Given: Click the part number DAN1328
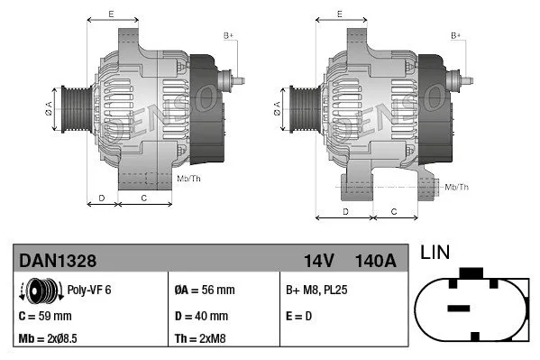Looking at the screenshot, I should pos(58,261).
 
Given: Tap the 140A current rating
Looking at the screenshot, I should pos(376,261).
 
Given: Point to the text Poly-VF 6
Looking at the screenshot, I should pos(88,291).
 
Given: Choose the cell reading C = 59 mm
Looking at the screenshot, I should pos(45,316).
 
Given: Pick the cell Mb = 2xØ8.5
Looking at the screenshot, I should pos(53,340).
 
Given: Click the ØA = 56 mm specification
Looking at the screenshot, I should pos(204,291).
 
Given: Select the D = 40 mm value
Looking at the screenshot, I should pos(202,316).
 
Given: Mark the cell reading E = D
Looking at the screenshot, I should pos(299,316).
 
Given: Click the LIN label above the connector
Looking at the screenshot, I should pos(435,254).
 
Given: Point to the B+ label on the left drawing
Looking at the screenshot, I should pos(228,35).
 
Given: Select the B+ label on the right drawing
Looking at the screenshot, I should pos(456,35).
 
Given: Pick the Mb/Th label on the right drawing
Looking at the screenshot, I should pos(457,187).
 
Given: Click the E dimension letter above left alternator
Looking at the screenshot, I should pos(110,14).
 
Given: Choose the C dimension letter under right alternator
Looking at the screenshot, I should pos(394,210).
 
